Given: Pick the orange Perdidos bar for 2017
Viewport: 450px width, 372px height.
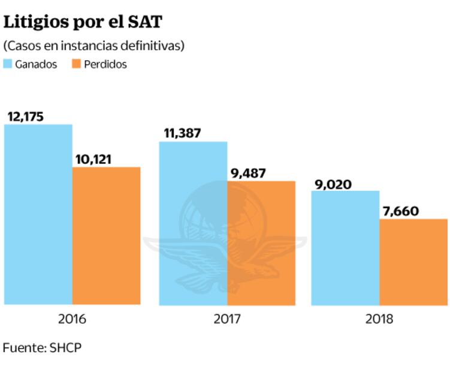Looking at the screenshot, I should coord(261,242).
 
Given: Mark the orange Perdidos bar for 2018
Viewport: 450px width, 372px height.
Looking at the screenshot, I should coord(413,262).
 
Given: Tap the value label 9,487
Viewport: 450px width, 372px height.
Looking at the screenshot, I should coord(248,173).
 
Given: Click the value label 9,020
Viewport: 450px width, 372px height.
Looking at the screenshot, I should coord(333,184).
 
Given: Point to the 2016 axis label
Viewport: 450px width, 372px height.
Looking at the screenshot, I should coord(72,319).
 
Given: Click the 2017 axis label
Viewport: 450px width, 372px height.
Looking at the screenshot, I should coord(227,319).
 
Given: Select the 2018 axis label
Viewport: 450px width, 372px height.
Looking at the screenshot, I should coord(379,319).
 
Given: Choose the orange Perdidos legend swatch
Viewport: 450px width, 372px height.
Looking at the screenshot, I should coord(76,64).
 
